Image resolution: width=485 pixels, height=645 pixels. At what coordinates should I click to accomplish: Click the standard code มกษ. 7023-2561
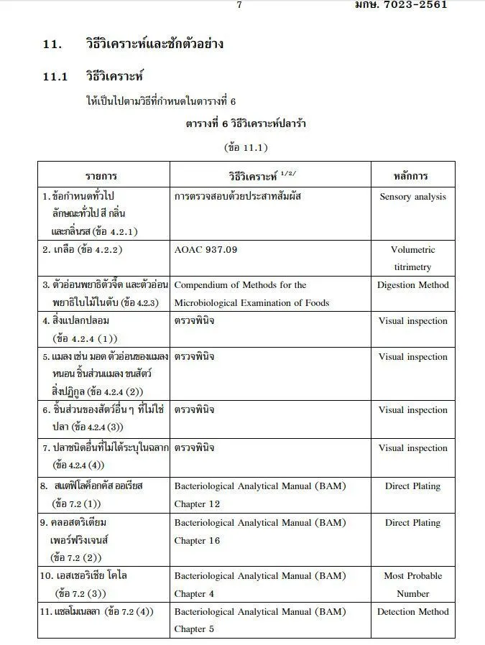401,4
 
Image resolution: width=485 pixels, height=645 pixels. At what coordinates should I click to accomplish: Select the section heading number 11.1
55,76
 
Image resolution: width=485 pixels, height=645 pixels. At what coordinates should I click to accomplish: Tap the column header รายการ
101,175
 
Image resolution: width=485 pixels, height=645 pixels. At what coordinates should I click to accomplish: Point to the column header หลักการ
412,175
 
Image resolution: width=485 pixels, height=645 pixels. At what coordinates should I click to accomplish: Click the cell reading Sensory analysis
412,196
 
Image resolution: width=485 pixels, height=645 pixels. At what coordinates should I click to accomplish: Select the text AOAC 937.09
205,250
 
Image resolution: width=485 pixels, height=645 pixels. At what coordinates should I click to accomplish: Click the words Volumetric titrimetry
412,259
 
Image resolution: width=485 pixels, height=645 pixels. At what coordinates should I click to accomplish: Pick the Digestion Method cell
412,285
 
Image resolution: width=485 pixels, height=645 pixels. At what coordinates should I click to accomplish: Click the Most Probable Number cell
412,585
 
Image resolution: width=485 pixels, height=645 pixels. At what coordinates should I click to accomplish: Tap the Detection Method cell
412,611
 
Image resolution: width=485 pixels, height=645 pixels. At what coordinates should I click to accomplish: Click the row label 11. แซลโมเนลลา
96,611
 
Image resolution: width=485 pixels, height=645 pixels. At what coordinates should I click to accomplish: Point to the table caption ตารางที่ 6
246,124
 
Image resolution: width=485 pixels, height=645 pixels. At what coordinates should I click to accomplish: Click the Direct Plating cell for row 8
412,486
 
